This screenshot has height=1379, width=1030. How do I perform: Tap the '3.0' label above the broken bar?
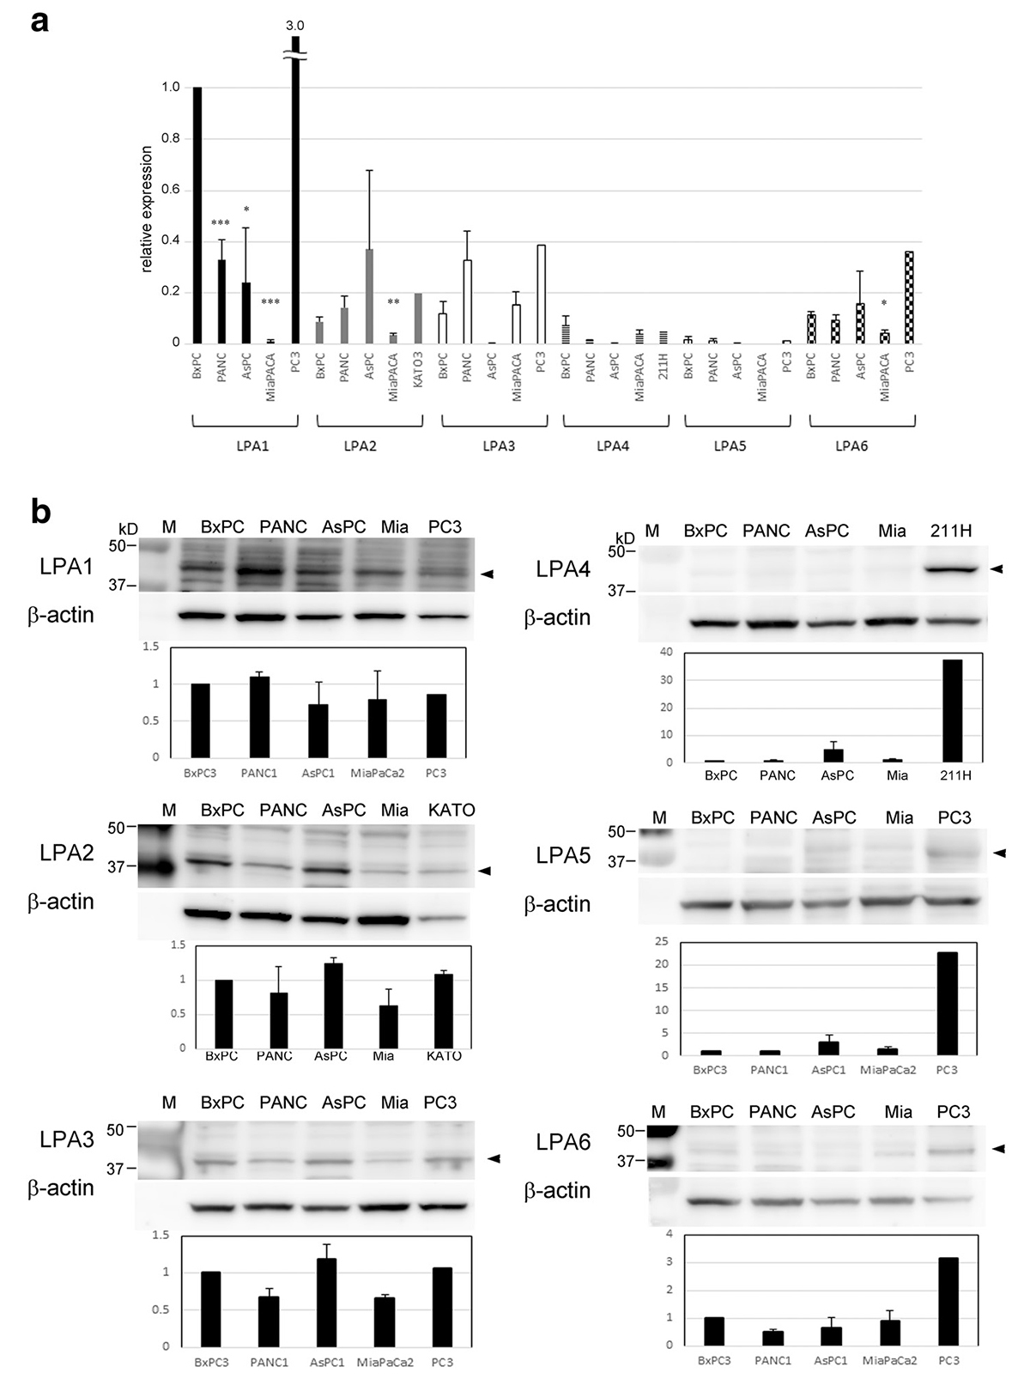tap(295, 27)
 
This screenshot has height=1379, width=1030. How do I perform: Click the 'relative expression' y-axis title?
tap(147, 210)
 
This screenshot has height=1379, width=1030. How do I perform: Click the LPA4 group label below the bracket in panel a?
tap(613, 446)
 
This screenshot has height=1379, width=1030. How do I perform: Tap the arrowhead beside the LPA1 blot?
tap(487, 573)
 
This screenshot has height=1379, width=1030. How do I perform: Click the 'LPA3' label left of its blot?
tap(66, 1139)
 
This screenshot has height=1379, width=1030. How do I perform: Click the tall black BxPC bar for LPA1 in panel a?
tap(197, 215)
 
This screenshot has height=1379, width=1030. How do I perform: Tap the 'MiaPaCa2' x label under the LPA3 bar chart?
tap(384, 1362)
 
